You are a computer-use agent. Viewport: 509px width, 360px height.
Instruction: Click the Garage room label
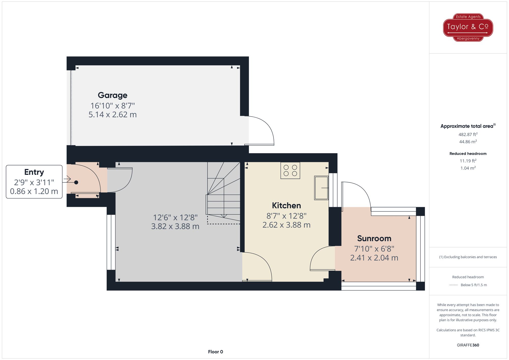[x=112, y=95]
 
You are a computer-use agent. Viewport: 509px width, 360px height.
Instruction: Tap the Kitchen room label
[x=286, y=205]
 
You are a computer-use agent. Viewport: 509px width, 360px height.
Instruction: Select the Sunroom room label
[x=374, y=238]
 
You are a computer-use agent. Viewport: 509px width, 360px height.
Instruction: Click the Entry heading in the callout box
[x=34, y=172]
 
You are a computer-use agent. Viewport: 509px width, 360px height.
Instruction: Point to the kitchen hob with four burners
[x=290, y=170]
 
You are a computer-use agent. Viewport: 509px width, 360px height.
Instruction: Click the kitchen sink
[x=321, y=188]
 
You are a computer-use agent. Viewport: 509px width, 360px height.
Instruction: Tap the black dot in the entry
[x=76, y=182]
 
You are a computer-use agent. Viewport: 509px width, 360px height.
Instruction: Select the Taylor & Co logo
[x=468, y=27]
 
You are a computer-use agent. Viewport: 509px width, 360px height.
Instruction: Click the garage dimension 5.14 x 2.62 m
[x=112, y=114]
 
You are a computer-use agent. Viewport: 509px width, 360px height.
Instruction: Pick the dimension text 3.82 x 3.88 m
[x=175, y=226]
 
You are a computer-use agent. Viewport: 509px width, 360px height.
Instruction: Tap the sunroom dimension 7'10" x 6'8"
[x=374, y=249]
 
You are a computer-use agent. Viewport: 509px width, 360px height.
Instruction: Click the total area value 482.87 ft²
[x=468, y=134]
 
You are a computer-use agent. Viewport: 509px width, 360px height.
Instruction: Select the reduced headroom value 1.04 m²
[x=468, y=168]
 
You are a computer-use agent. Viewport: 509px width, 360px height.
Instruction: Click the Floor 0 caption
[x=216, y=352]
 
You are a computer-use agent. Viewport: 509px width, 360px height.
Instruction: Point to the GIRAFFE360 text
[x=468, y=345]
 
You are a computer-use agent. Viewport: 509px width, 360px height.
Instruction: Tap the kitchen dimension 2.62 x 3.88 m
[x=286, y=225]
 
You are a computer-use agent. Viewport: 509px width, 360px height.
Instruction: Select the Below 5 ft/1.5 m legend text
[x=474, y=285]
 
